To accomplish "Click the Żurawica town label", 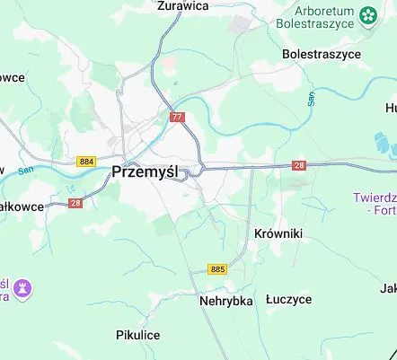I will [x=182, y=5].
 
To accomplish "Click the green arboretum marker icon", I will [x=367, y=14].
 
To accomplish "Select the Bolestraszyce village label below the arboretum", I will [x=321, y=54].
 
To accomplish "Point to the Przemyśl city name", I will [x=146, y=172].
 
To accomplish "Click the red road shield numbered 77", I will [x=177, y=117].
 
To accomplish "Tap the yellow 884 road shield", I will [x=86, y=161].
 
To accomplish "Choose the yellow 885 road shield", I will [x=217, y=268].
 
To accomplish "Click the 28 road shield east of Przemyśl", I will [x=299, y=165].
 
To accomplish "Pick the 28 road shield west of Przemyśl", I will [x=75, y=204].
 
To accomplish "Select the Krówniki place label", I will [x=278, y=233].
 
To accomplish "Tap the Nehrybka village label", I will [x=226, y=301].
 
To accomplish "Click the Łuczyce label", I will [x=288, y=300].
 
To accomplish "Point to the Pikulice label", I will [x=137, y=335].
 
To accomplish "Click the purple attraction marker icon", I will [x=23, y=287].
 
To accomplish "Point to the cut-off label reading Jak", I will [x=388, y=288].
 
